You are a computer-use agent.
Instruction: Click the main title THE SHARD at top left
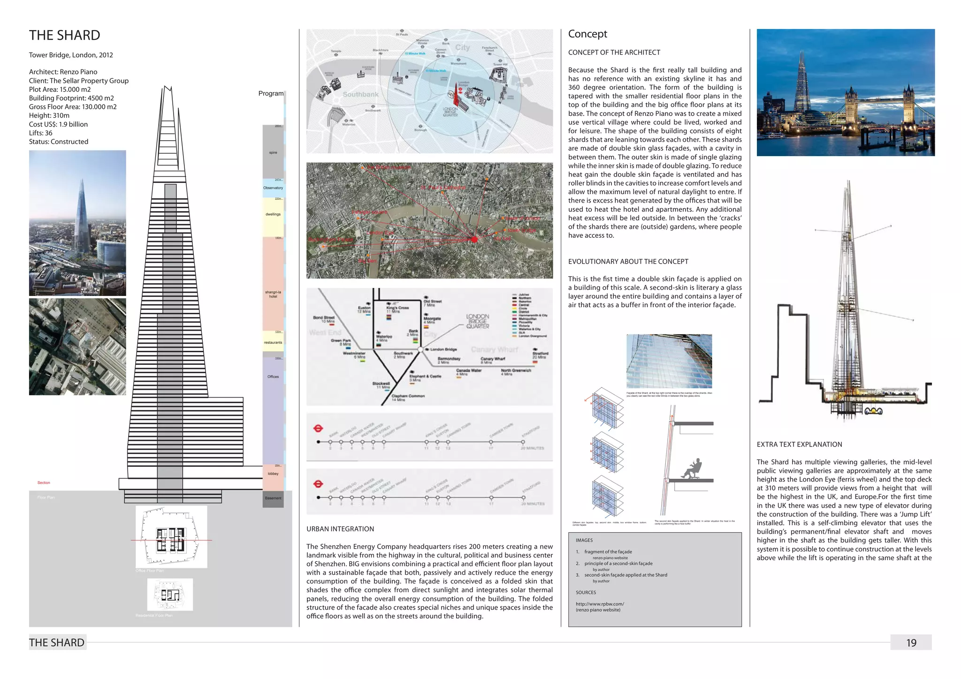tap(65, 36)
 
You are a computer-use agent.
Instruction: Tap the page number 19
tap(911, 643)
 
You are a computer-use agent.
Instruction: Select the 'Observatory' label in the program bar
tap(273, 188)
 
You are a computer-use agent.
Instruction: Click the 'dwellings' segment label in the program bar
tap(273, 214)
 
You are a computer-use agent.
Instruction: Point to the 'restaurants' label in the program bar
tap(273, 343)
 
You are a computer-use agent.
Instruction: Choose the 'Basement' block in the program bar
tap(273, 498)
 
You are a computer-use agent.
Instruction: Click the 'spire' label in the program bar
tap(273, 152)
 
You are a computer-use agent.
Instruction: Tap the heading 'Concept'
tap(587, 34)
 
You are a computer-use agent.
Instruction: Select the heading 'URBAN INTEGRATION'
tap(340, 529)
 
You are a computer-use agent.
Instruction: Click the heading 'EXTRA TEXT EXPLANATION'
tap(799, 445)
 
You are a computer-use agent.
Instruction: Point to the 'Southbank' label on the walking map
tap(360, 94)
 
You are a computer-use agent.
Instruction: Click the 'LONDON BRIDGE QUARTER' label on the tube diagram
tap(478, 321)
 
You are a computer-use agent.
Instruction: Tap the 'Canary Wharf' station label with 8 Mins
tap(492, 360)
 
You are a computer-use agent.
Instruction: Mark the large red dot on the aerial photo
tap(474, 240)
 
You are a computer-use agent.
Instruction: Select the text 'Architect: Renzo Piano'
tap(63, 72)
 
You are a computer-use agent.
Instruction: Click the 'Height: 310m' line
tap(49, 115)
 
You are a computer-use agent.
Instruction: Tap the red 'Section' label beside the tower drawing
tap(44, 483)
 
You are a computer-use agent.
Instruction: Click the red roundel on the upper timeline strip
tap(318, 428)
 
